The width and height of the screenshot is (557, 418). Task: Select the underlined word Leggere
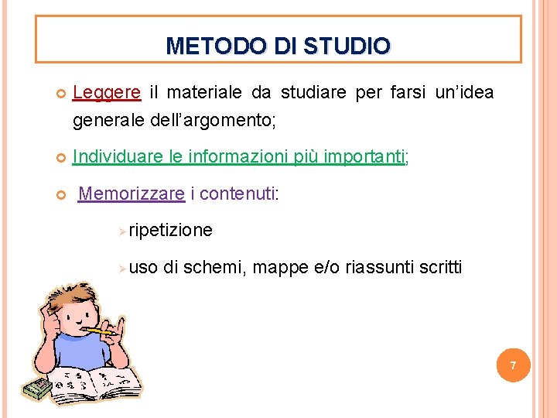coord(107,94)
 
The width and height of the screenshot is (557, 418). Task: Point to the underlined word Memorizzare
coord(132,194)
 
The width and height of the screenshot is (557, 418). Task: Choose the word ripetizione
coord(170,231)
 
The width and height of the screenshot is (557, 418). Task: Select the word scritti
coord(440,268)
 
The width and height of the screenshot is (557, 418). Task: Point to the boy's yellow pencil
coord(101,330)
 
